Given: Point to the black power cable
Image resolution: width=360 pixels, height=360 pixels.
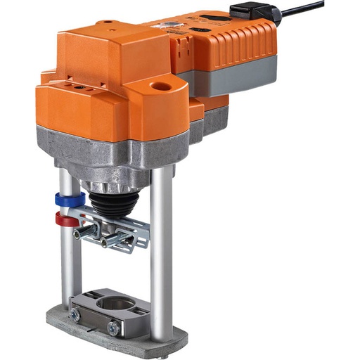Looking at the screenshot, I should point(302,9).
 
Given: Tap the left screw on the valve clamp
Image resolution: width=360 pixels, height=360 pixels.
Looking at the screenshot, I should point(75,316).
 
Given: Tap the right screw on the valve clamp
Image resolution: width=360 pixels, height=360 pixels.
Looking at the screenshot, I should point(112,327).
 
